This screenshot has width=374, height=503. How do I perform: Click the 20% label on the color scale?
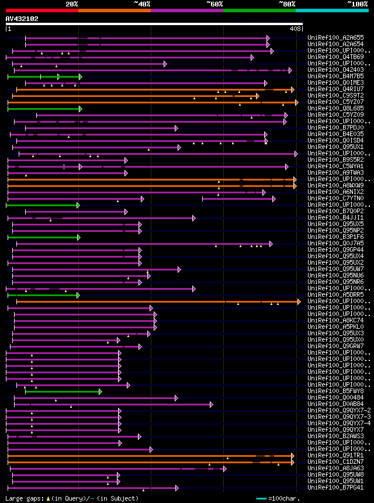pos(72,4)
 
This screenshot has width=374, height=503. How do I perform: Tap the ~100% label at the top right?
pos(357,4)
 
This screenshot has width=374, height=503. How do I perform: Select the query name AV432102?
pos(22,19)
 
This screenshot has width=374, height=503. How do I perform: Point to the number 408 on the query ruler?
pos(295,29)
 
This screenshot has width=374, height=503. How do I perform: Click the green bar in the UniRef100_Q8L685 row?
pos(44,109)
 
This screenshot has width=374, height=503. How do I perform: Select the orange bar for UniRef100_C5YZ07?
pos(152,102)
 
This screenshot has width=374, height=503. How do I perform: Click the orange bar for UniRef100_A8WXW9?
pos(152,186)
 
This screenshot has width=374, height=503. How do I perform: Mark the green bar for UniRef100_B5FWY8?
pos(63,391)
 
